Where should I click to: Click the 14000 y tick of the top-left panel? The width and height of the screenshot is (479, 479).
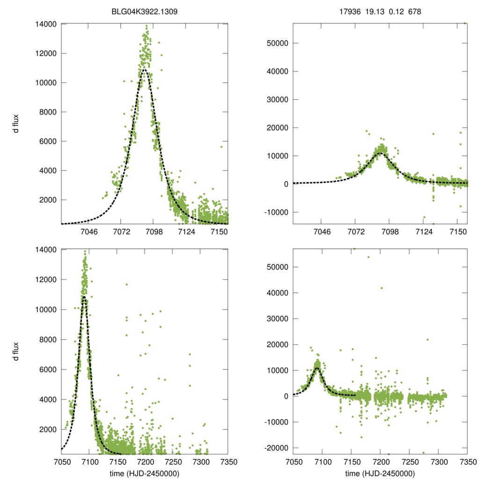point(46,24)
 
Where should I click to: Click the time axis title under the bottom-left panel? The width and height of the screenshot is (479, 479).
point(145,472)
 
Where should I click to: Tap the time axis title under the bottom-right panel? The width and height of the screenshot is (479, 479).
point(380,472)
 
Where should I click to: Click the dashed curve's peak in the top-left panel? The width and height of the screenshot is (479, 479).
point(145,70)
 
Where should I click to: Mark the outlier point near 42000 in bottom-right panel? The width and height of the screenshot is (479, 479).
point(382,288)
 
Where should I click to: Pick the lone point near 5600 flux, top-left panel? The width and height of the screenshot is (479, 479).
point(221,146)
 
